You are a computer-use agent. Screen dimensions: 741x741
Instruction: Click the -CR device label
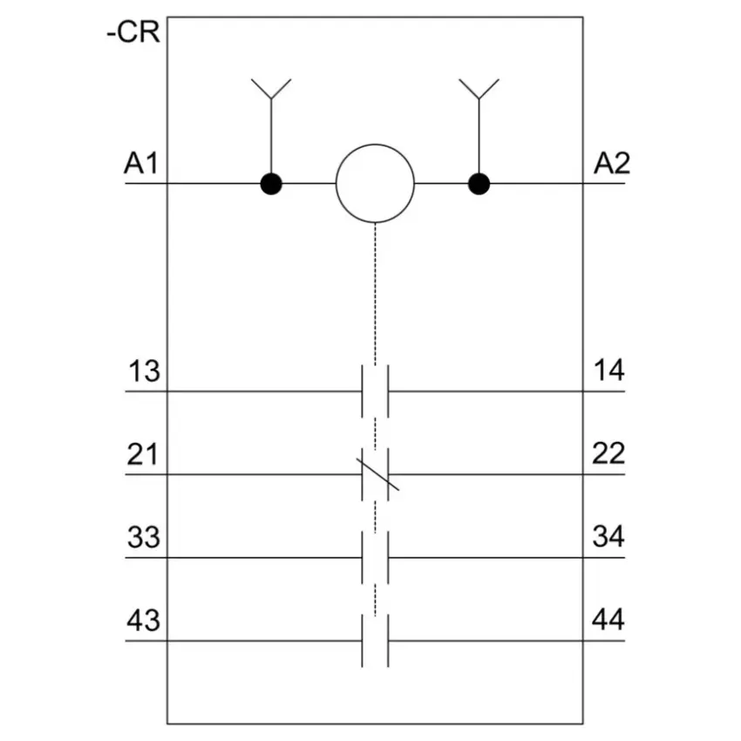pos(133,32)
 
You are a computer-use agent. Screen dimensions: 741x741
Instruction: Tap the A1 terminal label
pos(141,164)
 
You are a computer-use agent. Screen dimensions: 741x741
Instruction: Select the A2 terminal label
pos(611,164)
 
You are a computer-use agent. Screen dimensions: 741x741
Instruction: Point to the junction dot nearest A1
pos(271,184)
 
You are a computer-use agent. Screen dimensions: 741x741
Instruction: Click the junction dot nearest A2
pos(479,184)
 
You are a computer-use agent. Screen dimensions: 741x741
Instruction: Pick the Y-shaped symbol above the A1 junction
pos(271,89)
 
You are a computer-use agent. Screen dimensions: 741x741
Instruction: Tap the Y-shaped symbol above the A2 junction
pos(479,89)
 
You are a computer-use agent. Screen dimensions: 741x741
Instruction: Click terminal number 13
pos(144,371)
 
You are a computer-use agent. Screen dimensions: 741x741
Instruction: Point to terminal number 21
pos(142,454)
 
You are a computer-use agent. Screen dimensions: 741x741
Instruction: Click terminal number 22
pos(608,453)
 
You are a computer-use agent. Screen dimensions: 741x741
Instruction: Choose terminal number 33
pos(144,537)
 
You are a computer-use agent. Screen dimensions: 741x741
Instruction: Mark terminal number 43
pos(144,621)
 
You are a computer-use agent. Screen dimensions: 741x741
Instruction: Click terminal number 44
pos(608,620)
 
